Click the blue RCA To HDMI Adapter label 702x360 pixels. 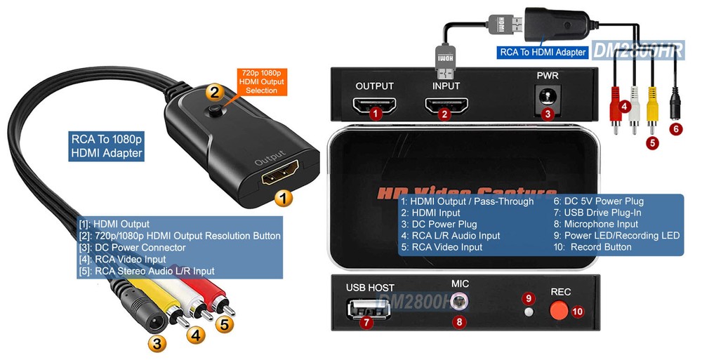(x=542, y=52)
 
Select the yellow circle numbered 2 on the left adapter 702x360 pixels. (x=215, y=91)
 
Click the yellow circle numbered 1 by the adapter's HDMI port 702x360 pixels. (x=282, y=199)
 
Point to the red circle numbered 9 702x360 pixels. (x=529, y=298)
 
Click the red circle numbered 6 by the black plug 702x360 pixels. (x=675, y=129)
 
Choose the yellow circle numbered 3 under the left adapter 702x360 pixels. (x=158, y=344)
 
